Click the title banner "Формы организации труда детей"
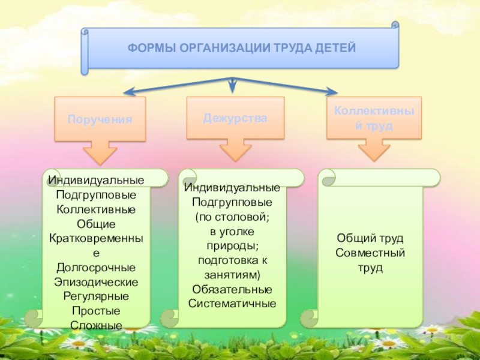[x=241, y=47]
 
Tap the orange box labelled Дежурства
[x=235, y=118]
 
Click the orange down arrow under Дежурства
[x=235, y=150]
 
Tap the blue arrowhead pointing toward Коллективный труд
[x=331, y=92]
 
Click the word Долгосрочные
[x=96, y=268]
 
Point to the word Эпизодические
[x=96, y=282]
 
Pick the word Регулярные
[x=96, y=296]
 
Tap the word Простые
[x=96, y=311]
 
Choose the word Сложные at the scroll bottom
[x=96, y=325]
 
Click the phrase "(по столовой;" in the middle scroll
[x=232, y=217]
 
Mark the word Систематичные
[x=232, y=304]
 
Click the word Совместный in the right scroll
[x=370, y=253]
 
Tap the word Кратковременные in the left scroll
[x=96, y=238]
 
